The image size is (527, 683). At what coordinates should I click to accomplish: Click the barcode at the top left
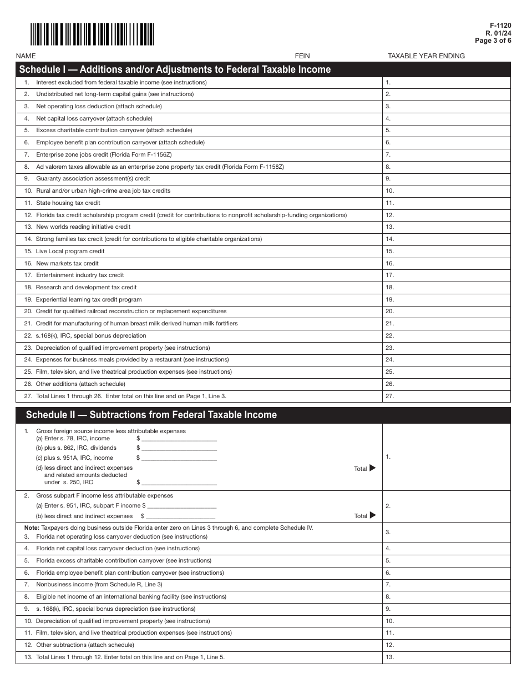[92, 34]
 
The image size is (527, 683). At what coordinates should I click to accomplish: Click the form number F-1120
[500, 26]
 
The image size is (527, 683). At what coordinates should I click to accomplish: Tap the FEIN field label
[302, 56]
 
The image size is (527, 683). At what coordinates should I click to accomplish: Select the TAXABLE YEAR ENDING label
[426, 56]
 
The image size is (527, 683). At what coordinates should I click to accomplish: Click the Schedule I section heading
[175, 69]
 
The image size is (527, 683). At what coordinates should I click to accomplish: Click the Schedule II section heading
[151, 415]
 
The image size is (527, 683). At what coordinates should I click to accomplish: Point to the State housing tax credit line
[68, 203]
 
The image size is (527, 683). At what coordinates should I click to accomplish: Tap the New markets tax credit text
[67, 263]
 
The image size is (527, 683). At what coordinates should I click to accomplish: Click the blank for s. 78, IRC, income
[179, 439]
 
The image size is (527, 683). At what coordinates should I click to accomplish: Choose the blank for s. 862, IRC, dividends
[179, 448]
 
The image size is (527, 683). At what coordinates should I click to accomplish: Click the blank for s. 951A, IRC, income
[179, 458]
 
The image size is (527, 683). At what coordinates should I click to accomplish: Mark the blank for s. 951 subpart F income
[182, 506]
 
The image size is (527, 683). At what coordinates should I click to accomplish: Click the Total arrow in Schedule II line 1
[372, 468]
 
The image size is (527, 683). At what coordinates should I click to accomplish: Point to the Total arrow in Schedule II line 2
[372, 515]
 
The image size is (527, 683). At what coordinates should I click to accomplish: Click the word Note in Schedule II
[31, 528]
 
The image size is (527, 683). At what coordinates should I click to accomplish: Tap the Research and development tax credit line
[86, 288]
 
